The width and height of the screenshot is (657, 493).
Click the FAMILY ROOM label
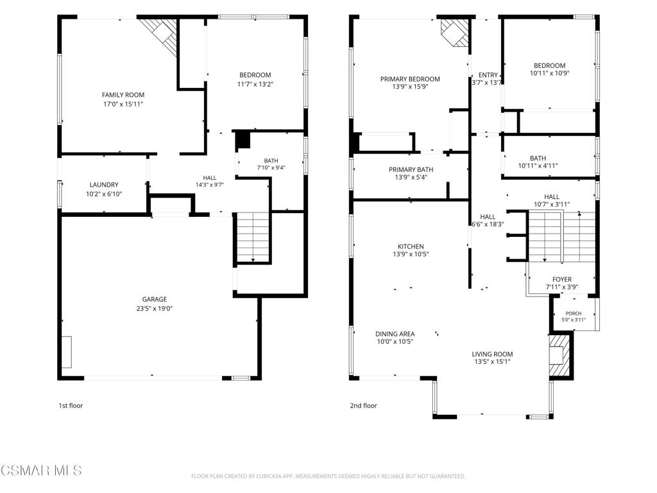point(123,95)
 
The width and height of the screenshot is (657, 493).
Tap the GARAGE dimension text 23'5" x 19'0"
point(154,309)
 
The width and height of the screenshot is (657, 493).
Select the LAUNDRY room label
point(104,185)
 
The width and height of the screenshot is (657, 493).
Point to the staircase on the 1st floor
point(253,237)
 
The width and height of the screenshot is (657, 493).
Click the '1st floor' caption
point(71,406)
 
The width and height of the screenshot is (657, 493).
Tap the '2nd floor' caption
point(364,406)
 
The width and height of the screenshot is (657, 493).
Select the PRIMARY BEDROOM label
point(410,79)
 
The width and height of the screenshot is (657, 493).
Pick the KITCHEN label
point(411,246)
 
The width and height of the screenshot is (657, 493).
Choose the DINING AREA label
point(395,334)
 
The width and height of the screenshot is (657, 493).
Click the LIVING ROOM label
point(492,354)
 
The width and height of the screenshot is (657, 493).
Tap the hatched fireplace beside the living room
point(559,355)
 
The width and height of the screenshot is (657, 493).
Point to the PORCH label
point(574,313)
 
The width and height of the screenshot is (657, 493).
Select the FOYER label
point(562,280)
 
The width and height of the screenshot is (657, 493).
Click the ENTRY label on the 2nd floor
point(488,75)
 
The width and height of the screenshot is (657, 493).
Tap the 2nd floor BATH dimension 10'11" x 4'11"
point(538,166)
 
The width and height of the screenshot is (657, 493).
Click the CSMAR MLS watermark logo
point(41,471)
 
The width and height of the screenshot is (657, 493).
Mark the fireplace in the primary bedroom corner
point(454,33)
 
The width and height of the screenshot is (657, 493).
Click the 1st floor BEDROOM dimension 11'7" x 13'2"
point(255,84)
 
